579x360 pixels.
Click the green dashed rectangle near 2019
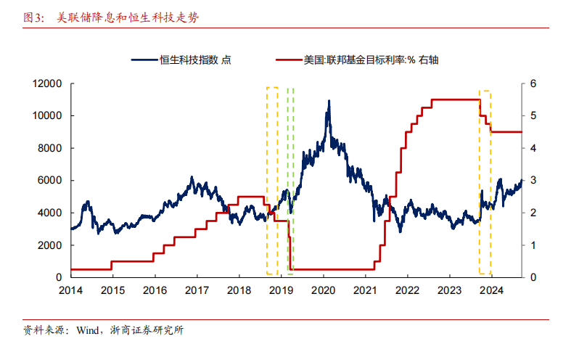(x=290, y=181)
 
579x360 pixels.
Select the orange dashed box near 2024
(x=485, y=181)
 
